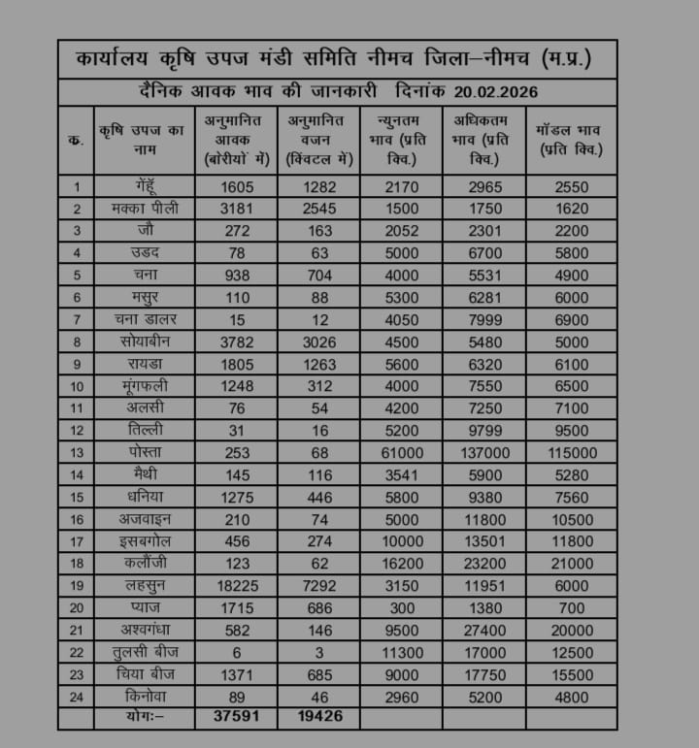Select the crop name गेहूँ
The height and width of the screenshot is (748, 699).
click(144, 186)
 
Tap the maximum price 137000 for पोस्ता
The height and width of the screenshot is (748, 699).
click(483, 453)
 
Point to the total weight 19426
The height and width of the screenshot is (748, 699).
click(318, 718)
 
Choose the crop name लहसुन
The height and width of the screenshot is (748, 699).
click(144, 586)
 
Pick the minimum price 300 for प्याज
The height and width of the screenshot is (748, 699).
click(401, 608)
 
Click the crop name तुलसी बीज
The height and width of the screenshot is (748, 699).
click(144, 652)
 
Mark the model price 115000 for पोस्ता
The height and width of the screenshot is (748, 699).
click(571, 453)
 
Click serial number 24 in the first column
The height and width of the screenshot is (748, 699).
click(76, 697)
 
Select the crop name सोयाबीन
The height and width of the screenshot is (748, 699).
click(144, 342)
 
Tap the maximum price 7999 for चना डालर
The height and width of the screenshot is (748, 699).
click(483, 320)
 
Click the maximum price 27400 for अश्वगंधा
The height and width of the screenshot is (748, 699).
click(483, 631)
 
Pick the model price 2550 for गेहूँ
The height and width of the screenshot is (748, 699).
click(571, 186)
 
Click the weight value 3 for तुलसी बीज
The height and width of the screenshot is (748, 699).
click(318, 652)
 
